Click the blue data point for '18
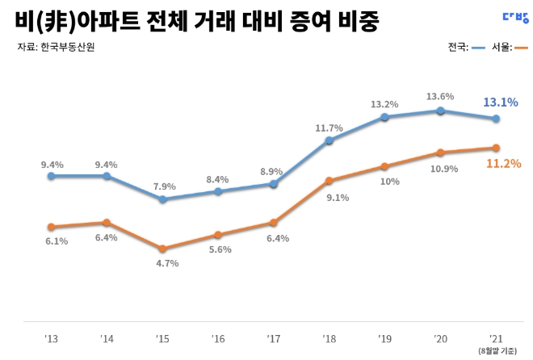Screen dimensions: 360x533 329,140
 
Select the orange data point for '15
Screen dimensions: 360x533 162,249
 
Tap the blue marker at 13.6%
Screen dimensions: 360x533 440,111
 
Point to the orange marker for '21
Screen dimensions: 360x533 496,148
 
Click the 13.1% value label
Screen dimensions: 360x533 500,103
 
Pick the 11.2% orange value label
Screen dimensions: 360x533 502,164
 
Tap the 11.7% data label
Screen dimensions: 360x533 329,128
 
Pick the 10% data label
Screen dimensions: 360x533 390,182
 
